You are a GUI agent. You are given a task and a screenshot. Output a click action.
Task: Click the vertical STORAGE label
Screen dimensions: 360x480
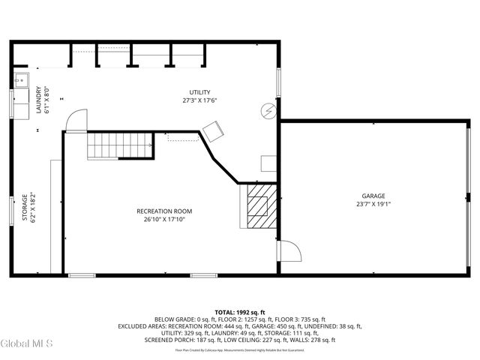point(24,208)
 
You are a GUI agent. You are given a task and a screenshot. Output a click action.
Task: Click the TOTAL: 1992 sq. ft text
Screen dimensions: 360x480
point(239,312)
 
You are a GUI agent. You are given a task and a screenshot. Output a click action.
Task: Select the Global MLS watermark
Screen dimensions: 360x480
point(27,344)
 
